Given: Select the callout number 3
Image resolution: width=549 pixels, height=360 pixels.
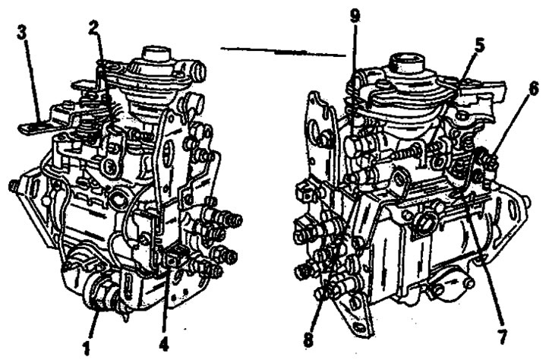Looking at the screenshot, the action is pyautogui.click(x=23, y=35).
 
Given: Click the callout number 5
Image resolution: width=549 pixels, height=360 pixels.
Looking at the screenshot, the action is pyautogui.click(x=479, y=46).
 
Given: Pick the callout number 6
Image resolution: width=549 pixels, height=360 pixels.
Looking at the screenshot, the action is pyautogui.click(x=533, y=90).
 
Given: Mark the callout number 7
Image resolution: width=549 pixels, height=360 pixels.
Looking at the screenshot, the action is pyautogui.click(x=502, y=336).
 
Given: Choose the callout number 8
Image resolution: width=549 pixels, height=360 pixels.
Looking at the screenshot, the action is pyautogui.click(x=308, y=339).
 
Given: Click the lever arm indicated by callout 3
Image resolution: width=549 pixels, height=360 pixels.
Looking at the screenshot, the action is pyautogui.click(x=35, y=127).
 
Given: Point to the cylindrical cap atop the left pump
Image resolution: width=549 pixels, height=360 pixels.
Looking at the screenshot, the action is pyautogui.click(x=156, y=54).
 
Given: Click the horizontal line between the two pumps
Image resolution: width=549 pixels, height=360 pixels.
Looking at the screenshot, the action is pyautogui.click(x=283, y=52).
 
